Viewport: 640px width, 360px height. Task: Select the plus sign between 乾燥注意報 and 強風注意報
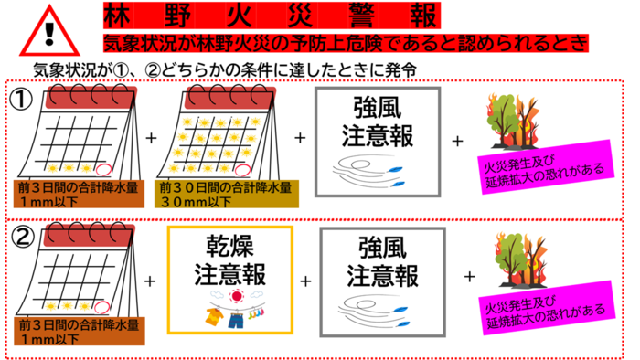coord(306,280)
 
